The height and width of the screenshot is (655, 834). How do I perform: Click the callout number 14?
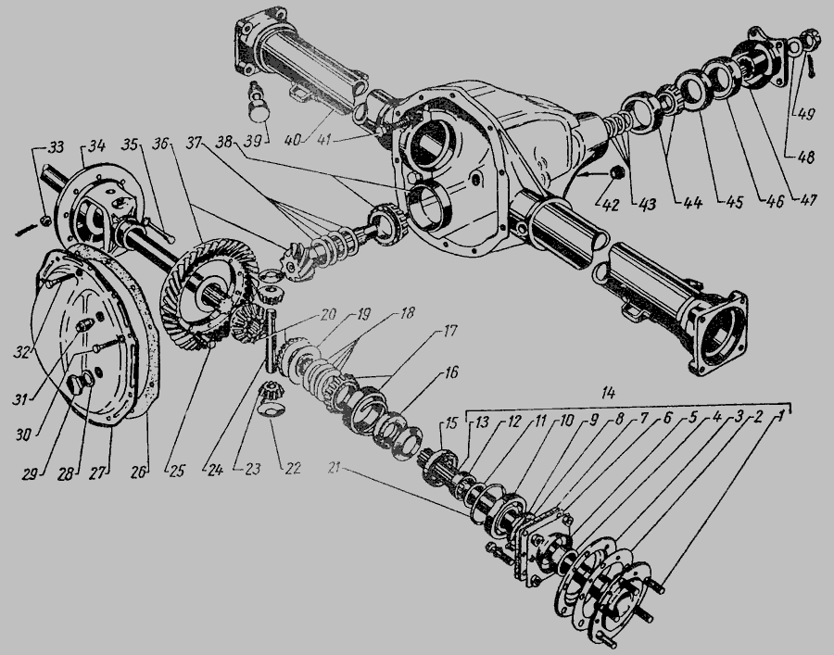(x=608, y=394)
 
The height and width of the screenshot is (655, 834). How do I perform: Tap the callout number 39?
(x=255, y=142)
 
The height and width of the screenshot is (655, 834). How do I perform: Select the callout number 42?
(x=610, y=205)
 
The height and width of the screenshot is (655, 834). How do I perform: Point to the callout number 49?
(x=803, y=114)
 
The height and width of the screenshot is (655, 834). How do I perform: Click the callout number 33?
(x=55, y=146)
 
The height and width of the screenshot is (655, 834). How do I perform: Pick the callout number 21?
(x=334, y=469)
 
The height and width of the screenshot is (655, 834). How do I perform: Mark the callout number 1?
(x=779, y=417)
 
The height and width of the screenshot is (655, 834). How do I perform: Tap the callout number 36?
(x=160, y=144)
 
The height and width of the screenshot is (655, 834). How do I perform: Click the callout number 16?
(x=450, y=372)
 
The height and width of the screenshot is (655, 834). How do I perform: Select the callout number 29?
(x=31, y=473)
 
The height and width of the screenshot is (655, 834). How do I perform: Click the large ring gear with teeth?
(x=208, y=294)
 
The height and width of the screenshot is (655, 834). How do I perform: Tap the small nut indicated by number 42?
(x=616, y=172)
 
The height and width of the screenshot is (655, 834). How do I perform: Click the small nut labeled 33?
(x=46, y=220)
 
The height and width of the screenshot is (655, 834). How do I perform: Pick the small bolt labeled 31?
(x=110, y=344)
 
